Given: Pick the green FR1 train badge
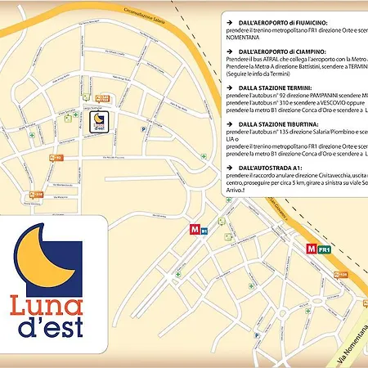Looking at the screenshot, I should pyautogui.click(x=324, y=249).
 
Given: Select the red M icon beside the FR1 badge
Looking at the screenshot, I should pyautogui.click(x=311, y=249).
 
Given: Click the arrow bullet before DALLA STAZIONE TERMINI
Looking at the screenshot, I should pyautogui.click(x=229, y=88).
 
